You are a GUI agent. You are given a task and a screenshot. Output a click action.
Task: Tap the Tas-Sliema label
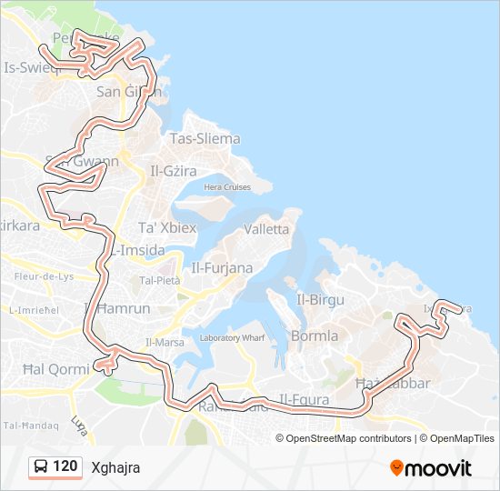click(x=205, y=139)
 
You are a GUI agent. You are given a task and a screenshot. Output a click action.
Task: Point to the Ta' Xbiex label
click(x=166, y=227)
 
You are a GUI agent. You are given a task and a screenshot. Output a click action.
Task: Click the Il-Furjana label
click(x=222, y=267)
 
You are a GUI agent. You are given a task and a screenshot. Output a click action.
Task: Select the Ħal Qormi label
click(x=55, y=369)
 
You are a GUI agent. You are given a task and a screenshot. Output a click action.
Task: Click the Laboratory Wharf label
click(x=232, y=338)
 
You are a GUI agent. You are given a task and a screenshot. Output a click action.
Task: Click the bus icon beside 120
click(x=41, y=467)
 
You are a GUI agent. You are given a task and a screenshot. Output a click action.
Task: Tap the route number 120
click(x=65, y=467)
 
